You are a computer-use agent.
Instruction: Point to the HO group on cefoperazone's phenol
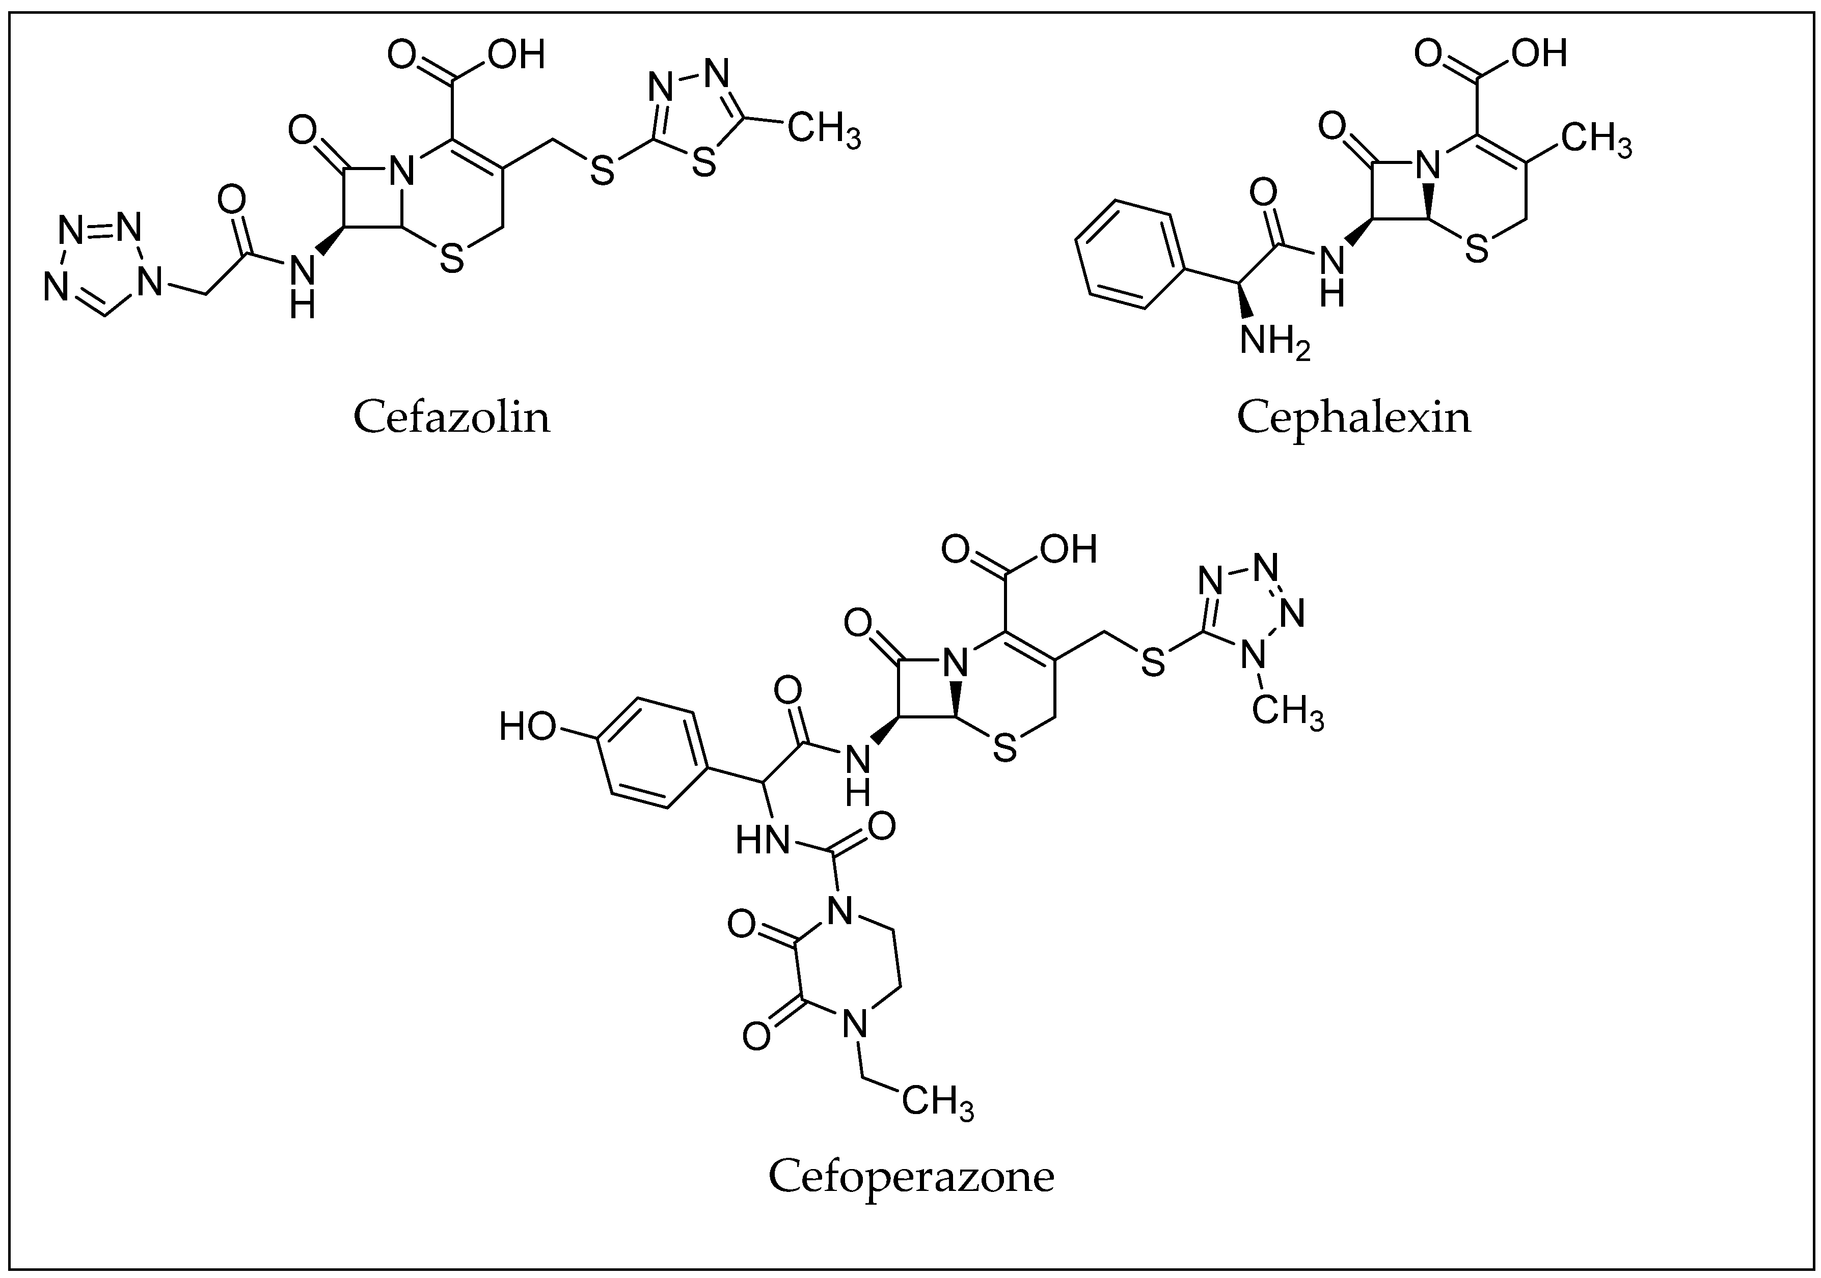point(527,726)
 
